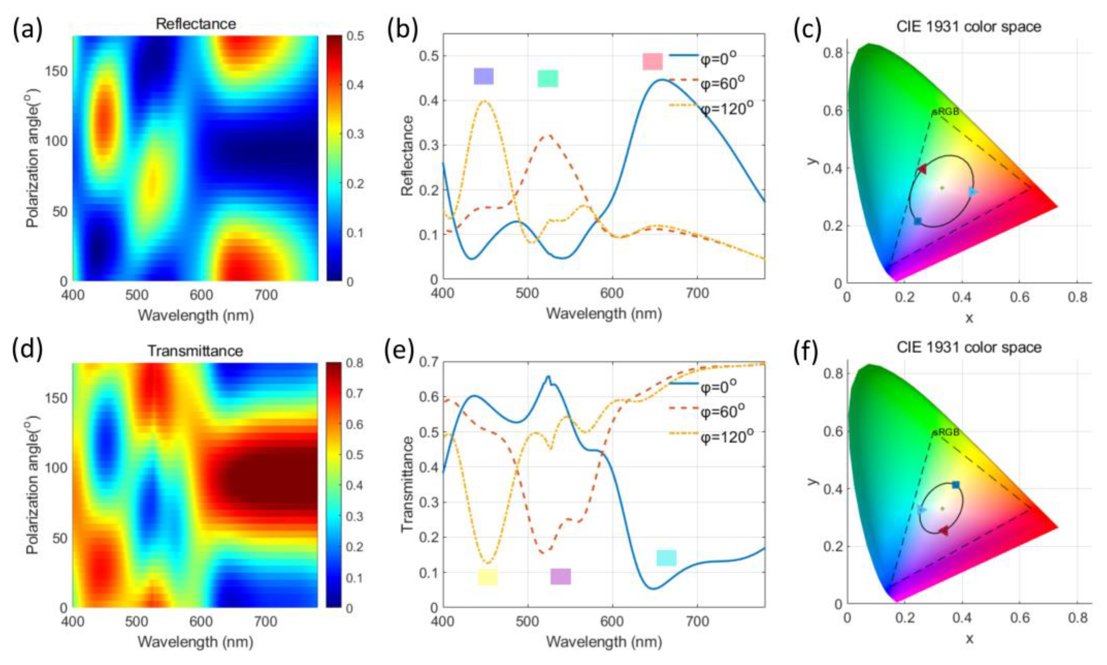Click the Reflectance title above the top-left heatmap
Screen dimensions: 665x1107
click(196, 24)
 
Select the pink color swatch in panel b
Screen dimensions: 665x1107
click(652, 62)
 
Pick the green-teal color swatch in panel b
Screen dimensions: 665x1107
click(548, 78)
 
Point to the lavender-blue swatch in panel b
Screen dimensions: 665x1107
click(484, 76)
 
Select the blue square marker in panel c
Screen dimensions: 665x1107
click(918, 221)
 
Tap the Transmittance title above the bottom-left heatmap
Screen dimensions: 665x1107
click(195, 350)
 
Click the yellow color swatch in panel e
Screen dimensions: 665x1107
click(487, 577)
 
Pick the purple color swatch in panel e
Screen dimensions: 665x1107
click(560, 576)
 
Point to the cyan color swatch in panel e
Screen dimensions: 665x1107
click(666, 558)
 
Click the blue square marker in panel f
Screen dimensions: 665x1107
click(956, 485)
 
